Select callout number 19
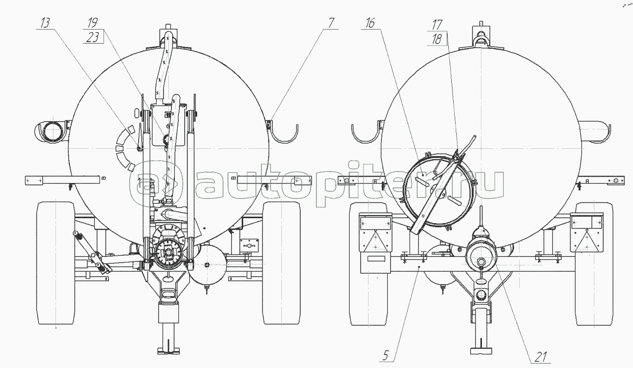[x=92, y=23]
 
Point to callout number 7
[x=331, y=23]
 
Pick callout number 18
[x=437, y=39]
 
